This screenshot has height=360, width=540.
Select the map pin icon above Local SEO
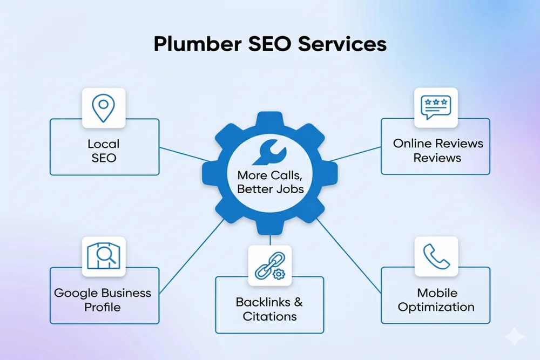point(104,108)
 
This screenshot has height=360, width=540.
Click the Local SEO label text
point(104,151)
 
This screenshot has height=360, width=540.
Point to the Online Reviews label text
point(437,151)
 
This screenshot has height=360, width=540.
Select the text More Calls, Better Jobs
point(269,182)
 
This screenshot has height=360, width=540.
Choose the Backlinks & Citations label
point(269,309)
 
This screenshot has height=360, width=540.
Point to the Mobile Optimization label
point(436,300)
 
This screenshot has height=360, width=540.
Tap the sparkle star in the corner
point(514,337)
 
